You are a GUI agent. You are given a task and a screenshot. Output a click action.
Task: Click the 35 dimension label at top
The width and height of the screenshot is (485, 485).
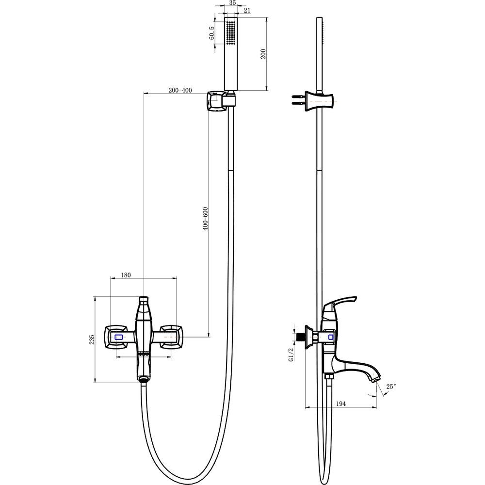(232, 2)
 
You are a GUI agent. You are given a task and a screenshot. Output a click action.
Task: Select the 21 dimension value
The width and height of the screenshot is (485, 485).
(247, 11)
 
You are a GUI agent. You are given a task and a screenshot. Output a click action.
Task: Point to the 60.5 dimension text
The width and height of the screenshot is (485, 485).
(211, 33)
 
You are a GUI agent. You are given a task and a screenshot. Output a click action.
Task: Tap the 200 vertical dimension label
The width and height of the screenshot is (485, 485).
(263, 54)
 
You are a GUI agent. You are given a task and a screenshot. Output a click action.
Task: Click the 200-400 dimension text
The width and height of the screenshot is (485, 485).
(180, 90)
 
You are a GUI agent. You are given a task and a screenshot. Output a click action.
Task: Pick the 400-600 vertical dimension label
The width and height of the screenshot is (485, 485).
(205, 218)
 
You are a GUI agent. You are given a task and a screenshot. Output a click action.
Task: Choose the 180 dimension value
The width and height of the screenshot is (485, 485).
(126, 275)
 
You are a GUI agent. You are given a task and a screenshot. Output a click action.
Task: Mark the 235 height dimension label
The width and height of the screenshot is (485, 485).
(92, 339)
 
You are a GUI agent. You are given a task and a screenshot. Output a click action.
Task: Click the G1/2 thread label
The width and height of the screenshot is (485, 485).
(291, 355)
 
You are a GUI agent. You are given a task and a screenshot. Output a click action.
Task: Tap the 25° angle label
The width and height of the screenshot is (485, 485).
(391, 387)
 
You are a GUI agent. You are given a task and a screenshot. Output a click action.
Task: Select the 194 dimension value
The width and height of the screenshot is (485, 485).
(340, 404)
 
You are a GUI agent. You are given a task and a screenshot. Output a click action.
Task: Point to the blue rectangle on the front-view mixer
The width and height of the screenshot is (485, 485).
(119, 337)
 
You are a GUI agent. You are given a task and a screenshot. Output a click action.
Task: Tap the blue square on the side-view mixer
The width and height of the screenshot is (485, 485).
(331, 337)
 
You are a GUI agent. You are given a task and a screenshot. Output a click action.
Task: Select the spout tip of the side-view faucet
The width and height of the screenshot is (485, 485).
(375, 380)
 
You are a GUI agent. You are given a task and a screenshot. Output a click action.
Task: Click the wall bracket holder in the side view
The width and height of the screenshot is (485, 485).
(320, 101)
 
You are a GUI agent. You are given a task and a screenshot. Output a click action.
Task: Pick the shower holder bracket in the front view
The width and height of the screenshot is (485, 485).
(221, 100)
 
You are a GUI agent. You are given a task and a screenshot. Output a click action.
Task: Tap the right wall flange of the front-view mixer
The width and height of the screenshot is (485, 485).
(172, 337)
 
